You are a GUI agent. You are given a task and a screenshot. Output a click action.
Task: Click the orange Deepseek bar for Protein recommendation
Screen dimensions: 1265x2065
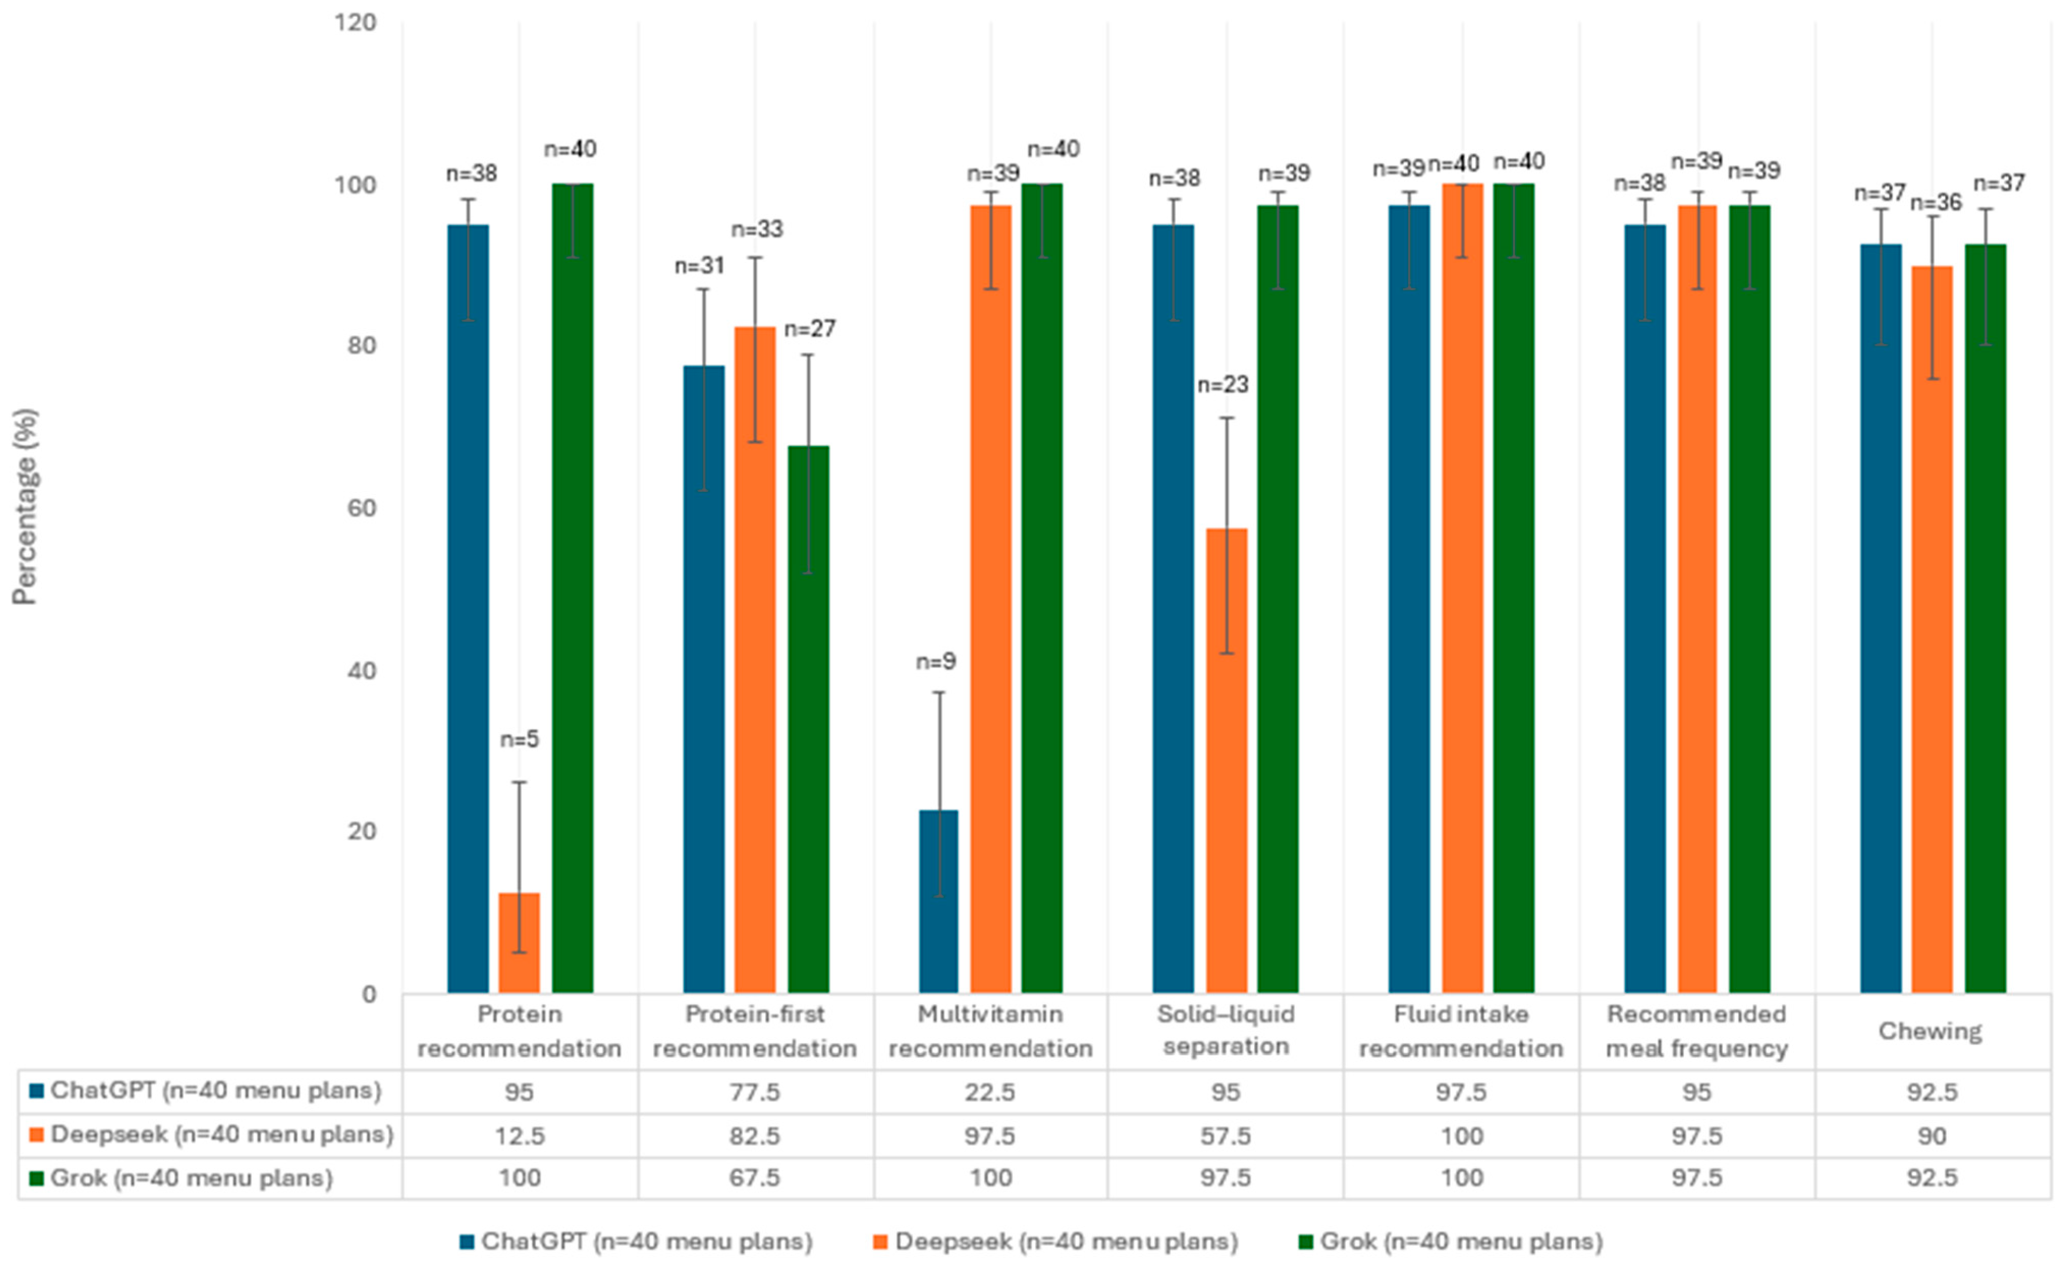tap(519, 943)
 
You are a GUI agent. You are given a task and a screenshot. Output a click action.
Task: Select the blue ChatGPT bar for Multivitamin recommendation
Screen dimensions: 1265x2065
tap(938, 901)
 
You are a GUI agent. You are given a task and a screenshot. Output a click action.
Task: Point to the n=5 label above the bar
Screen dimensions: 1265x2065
tap(519, 739)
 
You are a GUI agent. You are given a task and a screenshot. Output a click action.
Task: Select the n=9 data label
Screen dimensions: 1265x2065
tap(935, 662)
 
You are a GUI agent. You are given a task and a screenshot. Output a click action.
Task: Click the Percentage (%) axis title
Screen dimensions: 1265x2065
tap(24, 506)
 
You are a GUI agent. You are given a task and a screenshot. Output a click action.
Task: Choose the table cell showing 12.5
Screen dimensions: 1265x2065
tap(519, 1136)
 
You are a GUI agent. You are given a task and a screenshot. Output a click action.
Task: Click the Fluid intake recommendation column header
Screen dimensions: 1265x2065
tap(1461, 1031)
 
